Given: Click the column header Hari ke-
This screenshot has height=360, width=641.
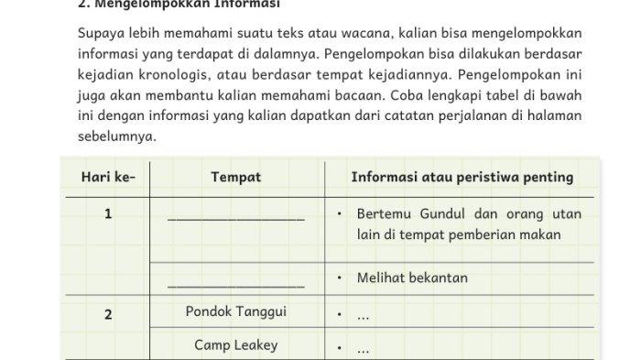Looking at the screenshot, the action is pos(107,178).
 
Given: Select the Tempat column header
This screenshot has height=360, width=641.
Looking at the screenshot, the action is pos(235,178).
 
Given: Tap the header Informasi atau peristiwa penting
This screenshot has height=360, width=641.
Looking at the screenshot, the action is pos(462,178).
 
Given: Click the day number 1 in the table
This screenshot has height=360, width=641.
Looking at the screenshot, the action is pos(108,215).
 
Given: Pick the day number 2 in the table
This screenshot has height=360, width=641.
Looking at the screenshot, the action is pos(108,314).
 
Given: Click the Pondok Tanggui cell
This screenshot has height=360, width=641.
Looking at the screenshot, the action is pos(235,311).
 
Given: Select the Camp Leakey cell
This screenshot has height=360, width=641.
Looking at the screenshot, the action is pos(235,345).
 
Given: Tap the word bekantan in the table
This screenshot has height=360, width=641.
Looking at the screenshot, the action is pos(439,278).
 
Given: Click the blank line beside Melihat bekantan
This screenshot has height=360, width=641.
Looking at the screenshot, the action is pos(235,286).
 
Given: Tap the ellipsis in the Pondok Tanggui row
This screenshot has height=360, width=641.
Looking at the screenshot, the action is pos(364,316).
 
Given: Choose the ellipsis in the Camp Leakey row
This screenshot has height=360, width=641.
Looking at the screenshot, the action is pos(364,349).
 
